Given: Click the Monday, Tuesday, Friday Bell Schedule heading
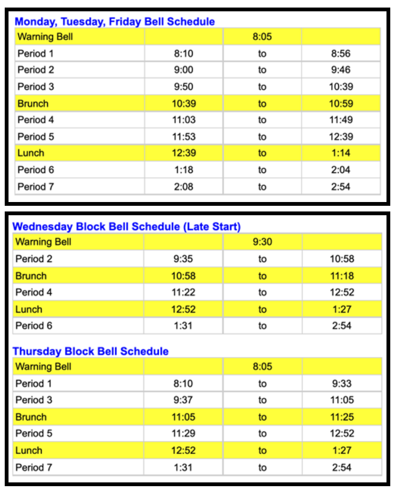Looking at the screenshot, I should click(115, 22).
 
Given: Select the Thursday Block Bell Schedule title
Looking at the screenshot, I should click(90, 352).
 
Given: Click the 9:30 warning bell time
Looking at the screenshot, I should click(262, 243).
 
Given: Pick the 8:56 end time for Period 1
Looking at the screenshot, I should click(341, 53).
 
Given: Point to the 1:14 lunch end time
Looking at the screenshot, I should click(341, 153).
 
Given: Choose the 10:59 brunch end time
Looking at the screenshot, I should click(341, 103).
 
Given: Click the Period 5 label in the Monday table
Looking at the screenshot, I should click(36, 137).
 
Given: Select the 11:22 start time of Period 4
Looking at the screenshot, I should click(183, 293).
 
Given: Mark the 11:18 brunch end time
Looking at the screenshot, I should click(342, 276).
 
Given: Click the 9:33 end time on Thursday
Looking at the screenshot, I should click(342, 384).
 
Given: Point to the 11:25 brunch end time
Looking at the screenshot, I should click(342, 417).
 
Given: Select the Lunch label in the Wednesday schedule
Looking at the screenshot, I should click(29, 310).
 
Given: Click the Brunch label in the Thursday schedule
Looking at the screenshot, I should click(31, 417).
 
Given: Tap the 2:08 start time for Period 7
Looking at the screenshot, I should click(183, 186).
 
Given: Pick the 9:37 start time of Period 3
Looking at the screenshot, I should click(183, 400).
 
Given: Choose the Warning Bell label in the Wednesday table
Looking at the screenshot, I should click(43, 243).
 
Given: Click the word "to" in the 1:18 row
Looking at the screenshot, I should click(262, 170).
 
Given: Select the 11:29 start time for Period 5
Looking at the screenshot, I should click(183, 434).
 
